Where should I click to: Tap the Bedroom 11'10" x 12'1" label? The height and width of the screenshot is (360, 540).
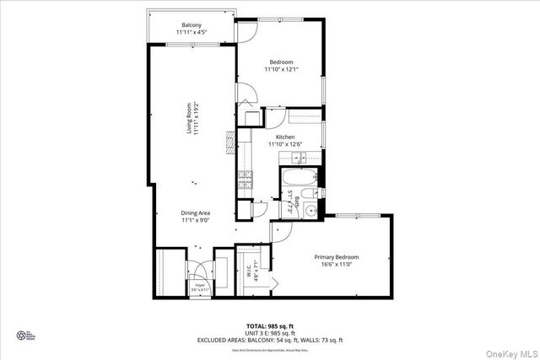coord(281,67)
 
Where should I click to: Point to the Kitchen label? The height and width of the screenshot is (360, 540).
coord(284,140)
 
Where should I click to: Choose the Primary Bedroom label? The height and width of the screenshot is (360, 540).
coord(337,261)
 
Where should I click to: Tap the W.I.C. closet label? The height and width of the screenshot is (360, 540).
coord(251,272)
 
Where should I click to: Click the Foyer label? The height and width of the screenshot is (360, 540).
coord(199,286)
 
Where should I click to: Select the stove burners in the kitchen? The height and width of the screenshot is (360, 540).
coord(246,179)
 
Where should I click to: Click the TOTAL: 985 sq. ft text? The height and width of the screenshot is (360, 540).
coord(270,325)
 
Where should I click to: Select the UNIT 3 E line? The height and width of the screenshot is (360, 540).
coord(270,332)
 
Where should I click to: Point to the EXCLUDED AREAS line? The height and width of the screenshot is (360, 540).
coord(270,340)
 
